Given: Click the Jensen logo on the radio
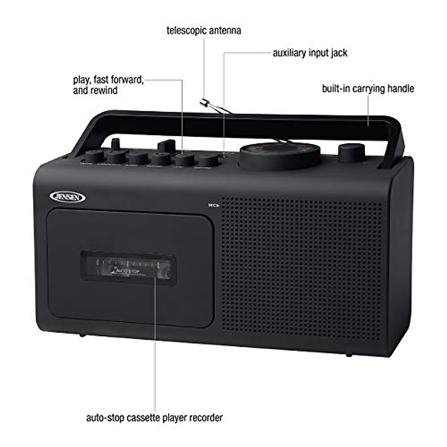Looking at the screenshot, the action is pos(67,197).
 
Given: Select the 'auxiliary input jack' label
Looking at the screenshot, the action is pos(310,53).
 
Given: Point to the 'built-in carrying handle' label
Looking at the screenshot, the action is pos(368,89).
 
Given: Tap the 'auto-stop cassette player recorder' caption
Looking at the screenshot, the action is pos(154,418).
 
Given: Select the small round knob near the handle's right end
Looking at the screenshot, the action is pos(351,151).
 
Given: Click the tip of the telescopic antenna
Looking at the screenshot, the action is pos(203,101).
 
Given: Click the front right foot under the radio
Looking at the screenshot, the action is pos(349,355).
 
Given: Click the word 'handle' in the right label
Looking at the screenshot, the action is pos(400,89).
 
